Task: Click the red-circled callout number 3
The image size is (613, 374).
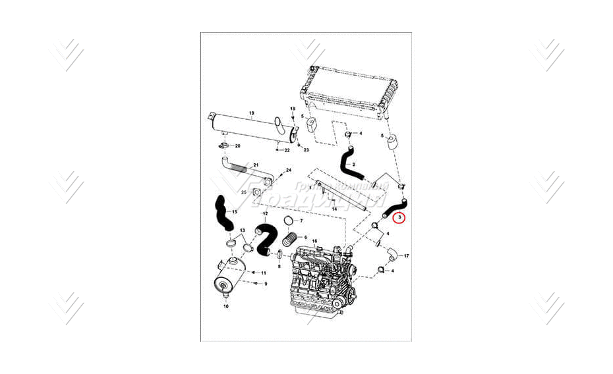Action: [399, 217]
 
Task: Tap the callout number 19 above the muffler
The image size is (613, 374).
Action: [251, 113]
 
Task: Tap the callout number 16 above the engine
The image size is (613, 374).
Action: [314, 242]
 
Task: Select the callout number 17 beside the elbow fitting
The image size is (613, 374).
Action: [407, 255]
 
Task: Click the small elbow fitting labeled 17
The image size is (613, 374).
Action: [391, 251]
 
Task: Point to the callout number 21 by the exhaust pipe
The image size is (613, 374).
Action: [256, 164]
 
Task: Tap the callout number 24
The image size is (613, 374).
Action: [288, 171]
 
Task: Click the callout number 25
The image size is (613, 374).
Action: [244, 192]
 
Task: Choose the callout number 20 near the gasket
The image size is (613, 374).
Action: [237, 146]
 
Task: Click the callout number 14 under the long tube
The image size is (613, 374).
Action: [334, 209]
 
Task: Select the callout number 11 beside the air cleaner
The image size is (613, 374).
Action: [264, 273]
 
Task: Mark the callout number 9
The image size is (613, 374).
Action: [266, 284]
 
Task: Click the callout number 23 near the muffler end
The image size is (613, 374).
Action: [306, 150]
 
